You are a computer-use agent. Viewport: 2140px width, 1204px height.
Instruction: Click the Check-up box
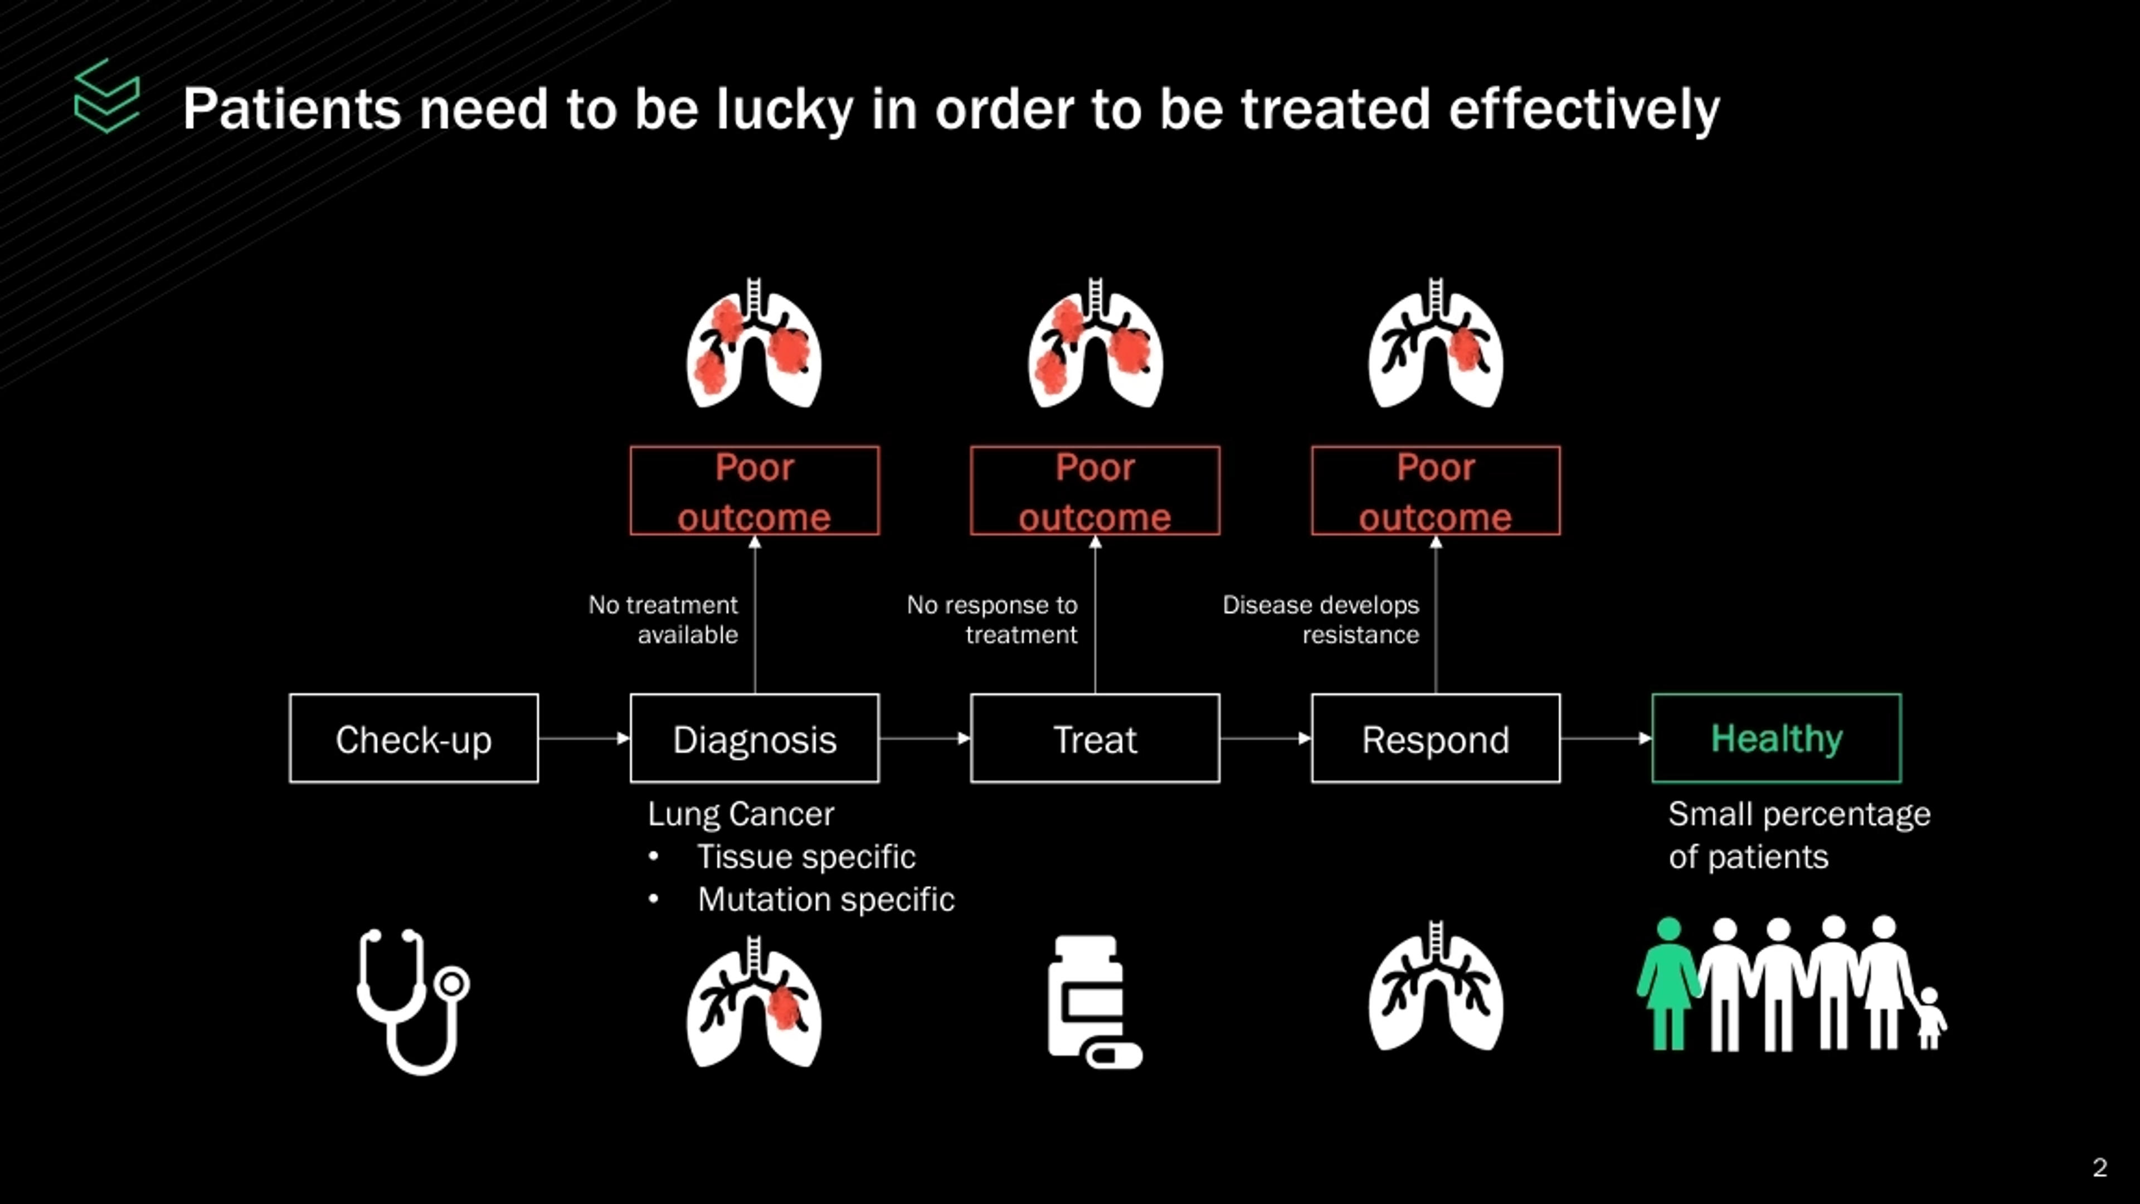click(x=414, y=739)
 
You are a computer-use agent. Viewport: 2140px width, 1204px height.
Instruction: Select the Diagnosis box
click(x=755, y=739)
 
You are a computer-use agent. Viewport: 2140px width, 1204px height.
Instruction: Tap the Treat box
click(x=1095, y=739)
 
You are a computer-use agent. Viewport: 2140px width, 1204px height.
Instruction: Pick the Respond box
click(x=1436, y=739)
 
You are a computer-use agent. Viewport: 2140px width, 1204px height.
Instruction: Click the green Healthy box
click(x=1776, y=739)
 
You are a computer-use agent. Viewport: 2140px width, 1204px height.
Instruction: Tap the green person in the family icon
click(x=1668, y=984)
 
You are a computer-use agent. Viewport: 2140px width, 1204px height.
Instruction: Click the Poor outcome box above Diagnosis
click(x=755, y=491)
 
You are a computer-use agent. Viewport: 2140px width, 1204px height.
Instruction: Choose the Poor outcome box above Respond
click(x=1436, y=491)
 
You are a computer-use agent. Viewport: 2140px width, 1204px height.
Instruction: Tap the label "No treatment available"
click(x=663, y=619)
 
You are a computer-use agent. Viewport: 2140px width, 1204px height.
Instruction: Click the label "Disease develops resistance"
click(x=1321, y=619)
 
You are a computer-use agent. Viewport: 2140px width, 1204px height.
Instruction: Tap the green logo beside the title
click(x=107, y=96)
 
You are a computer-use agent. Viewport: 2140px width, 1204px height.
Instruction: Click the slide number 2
click(x=2100, y=1167)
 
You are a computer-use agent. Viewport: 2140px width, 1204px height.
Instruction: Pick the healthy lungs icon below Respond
click(x=1436, y=989)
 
